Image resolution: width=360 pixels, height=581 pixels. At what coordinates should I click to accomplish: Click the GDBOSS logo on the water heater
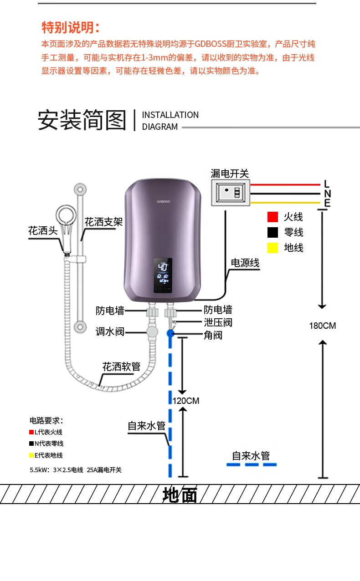pyautogui.click(x=164, y=201)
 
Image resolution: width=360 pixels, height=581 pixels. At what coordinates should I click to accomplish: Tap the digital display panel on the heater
pyautogui.click(x=163, y=275)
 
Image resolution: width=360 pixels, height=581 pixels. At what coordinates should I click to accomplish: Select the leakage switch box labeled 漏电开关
pyautogui.click(x=231, y=193)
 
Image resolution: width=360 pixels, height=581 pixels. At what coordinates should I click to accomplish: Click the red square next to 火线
pyautogui.click(x=273, y=217)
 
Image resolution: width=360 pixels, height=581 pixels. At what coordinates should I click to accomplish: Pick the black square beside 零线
pyautogui.click(x=273, y=232)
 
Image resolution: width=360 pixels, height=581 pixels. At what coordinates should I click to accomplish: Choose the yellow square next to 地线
pyautogui.click(x=273, y=248)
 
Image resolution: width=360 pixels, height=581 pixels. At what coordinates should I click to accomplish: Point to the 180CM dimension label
pyautogui.click(x=322, y=326)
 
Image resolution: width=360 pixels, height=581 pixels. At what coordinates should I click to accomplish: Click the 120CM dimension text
pyautogui.click(x=186, y=401)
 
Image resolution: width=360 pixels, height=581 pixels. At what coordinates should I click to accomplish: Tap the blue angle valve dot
pyautogui.click(x=170, y=333)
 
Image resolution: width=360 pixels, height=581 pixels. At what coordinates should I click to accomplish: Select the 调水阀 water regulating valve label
pyautogui.click(x=110, y=332)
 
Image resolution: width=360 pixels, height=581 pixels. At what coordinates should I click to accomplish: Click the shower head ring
pyautogui.click(x=67, y=216)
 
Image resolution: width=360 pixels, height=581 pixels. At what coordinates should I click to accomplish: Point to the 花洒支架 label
pyautogui.click(x=103, y=222)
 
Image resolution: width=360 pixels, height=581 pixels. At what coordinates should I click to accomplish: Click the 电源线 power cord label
pyautogui.click(x=245, y=263)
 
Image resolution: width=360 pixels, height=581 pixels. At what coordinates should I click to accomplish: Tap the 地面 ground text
pyautogui.click(x=180, y=495)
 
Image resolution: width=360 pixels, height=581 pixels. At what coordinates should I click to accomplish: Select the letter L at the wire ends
pyautogui.click(x=327, y=184)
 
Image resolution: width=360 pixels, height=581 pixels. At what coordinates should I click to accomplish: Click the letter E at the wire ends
pyautogui.click(x=327, y=203)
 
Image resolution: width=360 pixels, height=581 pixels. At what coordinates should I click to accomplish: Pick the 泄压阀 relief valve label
pyautogui.click(x=218, y=323)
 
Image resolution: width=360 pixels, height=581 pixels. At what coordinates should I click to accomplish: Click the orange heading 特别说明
pyautogui.click(x=71, y=27)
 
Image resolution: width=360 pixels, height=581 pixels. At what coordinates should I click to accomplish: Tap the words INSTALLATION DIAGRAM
pyautogui.click(x=170, y=121)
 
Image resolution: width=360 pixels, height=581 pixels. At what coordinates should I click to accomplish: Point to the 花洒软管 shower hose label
pyautogui.click(x=122, y=367)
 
